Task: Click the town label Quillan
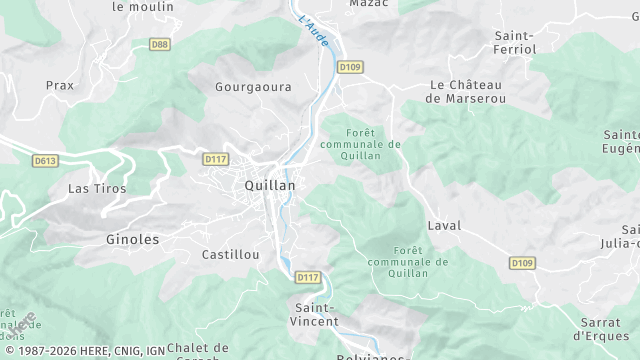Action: [x=269, y=186]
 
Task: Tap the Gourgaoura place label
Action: [x=253, y=87]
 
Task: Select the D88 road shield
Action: [x=159, y=44]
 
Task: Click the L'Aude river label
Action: [x=314, y=33]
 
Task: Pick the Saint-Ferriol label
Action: [x=515, y=42]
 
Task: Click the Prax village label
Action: [x=60, y=86]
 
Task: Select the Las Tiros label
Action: [x=91, y=188]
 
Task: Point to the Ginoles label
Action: [x=132, y=240]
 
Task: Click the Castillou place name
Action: [x=230, y=255]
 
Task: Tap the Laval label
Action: [x=444, y=226]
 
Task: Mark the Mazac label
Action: [x=369, y=4]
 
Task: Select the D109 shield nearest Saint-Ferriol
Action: [x=349, y=68]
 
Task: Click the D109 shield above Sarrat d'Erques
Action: [x=520, y=263]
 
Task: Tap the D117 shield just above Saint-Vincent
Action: [x=308, y=277]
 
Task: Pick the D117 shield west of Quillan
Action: [x=215, y=159]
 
